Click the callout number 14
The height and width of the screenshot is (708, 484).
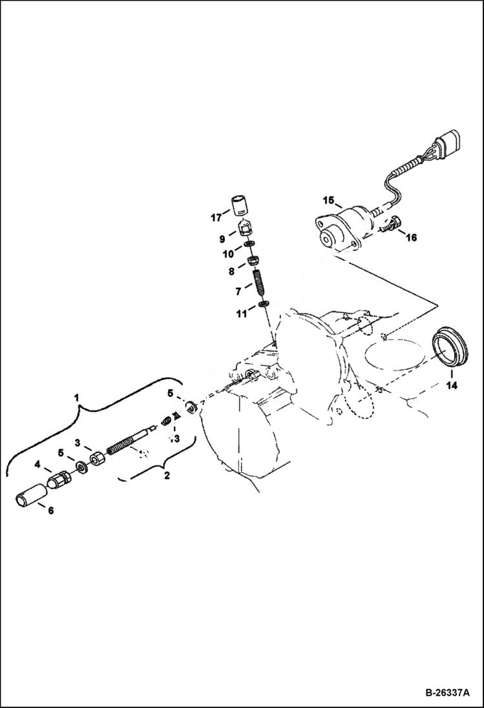click(451, 386)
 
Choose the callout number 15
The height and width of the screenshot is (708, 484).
click(328, 200)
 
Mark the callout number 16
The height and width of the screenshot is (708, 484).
click(411, 238)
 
